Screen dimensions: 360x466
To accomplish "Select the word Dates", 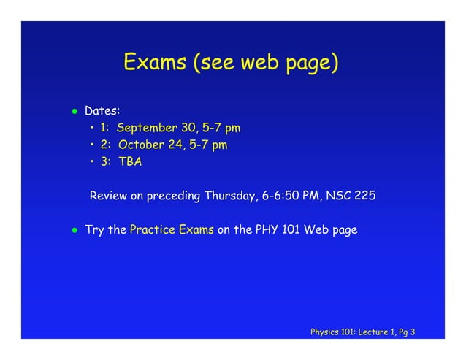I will (102, 112).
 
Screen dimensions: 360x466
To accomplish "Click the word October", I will (140, 145).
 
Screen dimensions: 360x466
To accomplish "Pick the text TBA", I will (129, 162).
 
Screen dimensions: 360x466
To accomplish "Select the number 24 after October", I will (174, 145).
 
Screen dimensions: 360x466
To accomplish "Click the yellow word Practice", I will (150, 230).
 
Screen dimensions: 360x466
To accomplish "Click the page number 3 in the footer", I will (413, 332).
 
